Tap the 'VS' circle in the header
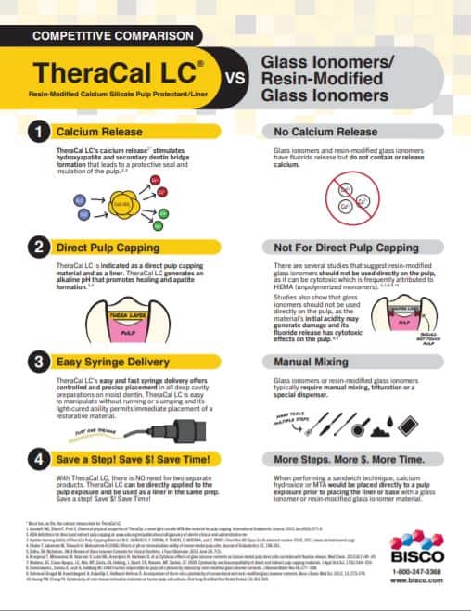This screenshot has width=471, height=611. click(235, 78)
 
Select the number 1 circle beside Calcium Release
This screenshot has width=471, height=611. click(38, 133)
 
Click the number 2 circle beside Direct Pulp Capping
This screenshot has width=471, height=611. click(38, 247)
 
